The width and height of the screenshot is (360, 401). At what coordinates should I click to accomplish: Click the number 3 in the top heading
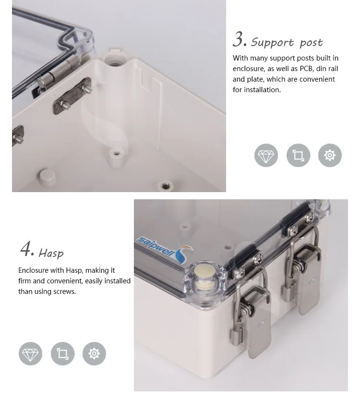(239, 40)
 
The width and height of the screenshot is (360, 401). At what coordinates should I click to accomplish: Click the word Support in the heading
(272, 43)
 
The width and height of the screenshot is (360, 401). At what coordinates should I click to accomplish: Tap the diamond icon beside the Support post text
(266, 156)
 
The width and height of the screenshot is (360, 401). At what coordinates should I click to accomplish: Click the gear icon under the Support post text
(330, 156)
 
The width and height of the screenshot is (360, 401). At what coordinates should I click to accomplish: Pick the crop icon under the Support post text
(298, 156)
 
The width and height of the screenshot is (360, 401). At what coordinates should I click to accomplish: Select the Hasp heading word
(51, 253)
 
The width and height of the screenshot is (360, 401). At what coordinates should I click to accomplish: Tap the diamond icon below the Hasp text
(30, 354)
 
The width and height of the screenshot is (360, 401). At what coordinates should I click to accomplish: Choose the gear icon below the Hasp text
(94, 354)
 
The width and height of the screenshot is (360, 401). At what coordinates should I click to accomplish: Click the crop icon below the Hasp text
(62, 354)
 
